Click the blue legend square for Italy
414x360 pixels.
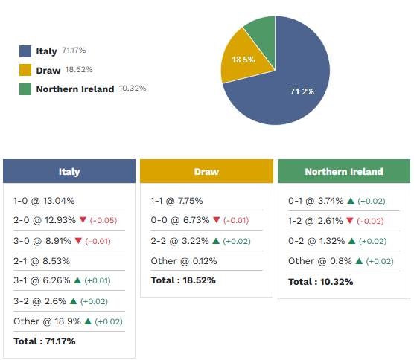coord(25,51)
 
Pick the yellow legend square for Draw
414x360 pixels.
coord(25,71)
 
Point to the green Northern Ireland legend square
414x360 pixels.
coord(25,89)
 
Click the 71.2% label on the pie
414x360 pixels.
coord(302,91)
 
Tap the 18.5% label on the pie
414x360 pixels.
coord(243,60)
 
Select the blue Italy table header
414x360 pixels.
coord(69,171)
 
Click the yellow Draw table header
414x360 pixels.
coord(206,171)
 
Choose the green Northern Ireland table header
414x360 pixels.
coord(343,171)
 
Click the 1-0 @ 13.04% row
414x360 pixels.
coord(44,201)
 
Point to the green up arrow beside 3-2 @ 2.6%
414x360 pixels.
coord(74,301)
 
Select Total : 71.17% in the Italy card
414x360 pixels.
coord(44,341)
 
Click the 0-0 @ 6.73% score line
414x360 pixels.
coord(179,221)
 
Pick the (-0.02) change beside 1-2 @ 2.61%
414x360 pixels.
coord(372,221)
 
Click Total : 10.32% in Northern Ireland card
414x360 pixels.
coord(320,281)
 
